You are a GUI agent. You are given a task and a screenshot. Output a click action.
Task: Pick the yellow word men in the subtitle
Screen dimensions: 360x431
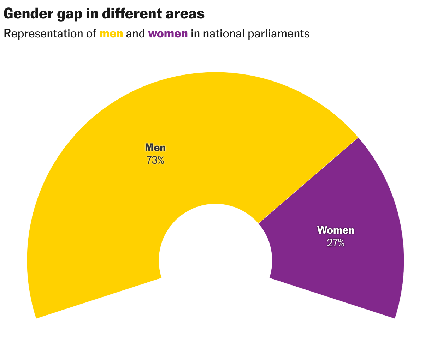coord(111,34)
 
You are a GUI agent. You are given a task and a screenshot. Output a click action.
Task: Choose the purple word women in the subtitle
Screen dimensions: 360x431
coord(168,34)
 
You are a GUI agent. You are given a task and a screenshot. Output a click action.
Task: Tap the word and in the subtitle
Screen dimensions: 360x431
coord(136,34)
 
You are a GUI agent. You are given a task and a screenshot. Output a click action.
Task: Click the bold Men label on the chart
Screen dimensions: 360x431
coord(155,148)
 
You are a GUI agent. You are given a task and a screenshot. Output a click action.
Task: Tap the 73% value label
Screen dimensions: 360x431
coord(155,161)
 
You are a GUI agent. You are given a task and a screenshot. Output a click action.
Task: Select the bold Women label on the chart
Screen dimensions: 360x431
coord(336,230)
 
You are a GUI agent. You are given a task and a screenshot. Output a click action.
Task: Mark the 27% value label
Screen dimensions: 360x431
coord(336,243)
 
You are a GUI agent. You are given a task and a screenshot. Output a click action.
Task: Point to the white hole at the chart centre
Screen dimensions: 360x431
coord(215,254)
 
